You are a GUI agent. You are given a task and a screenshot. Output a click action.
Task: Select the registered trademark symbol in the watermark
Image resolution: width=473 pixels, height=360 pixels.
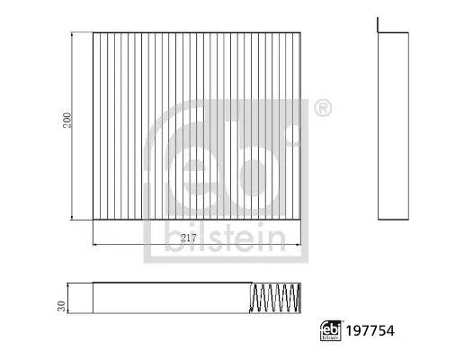[321, 109]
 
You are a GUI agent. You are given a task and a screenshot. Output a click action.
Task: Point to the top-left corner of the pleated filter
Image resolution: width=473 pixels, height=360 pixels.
[94, 33]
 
